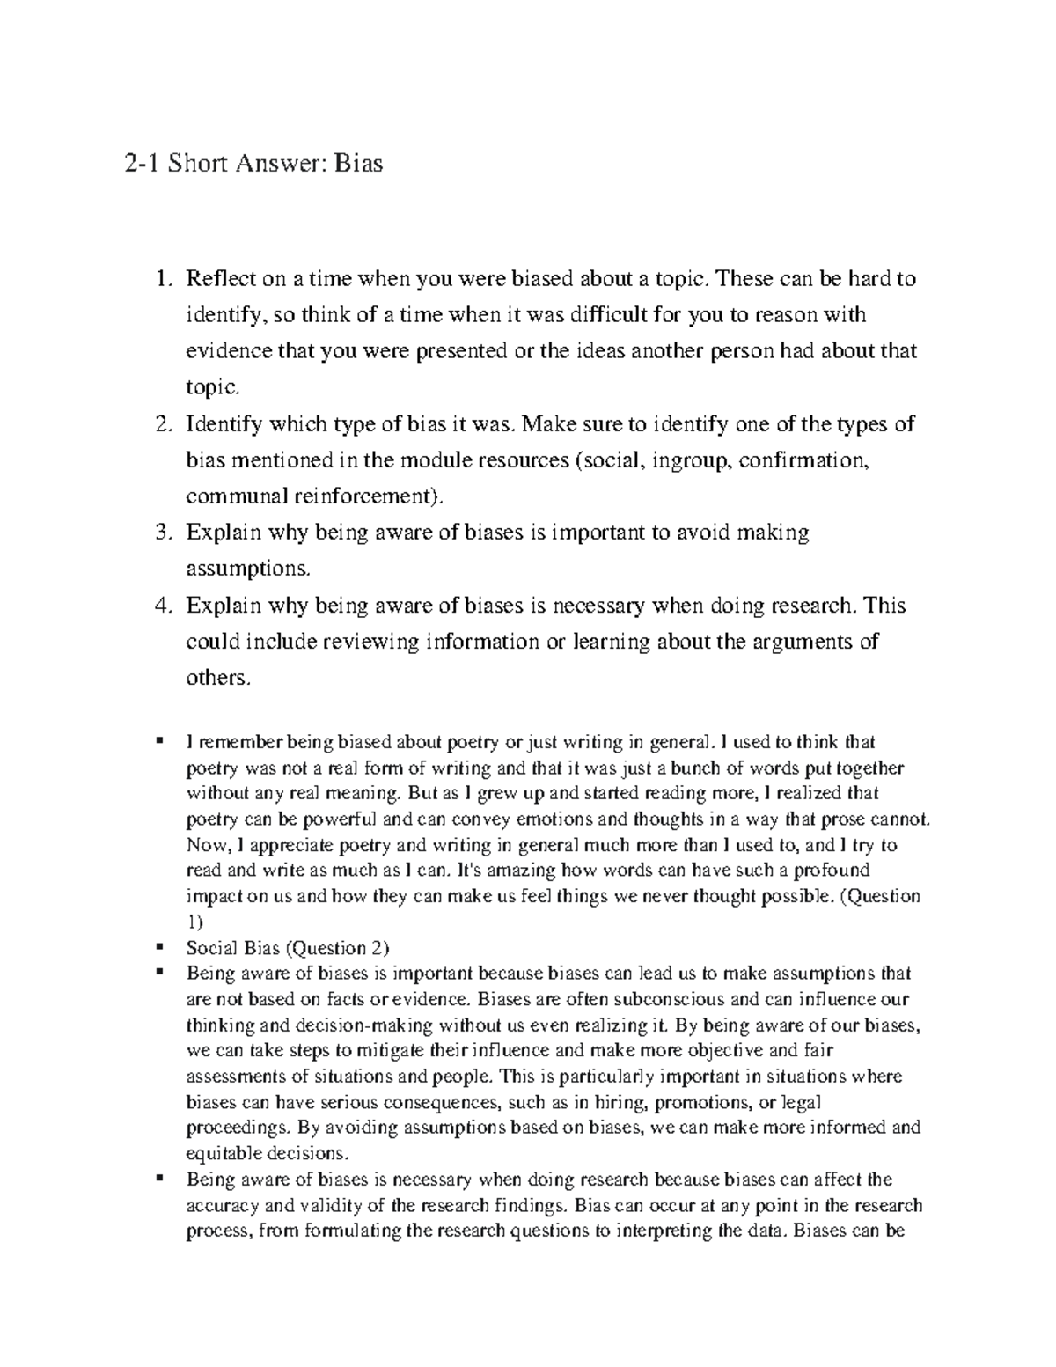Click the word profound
[832, 871]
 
